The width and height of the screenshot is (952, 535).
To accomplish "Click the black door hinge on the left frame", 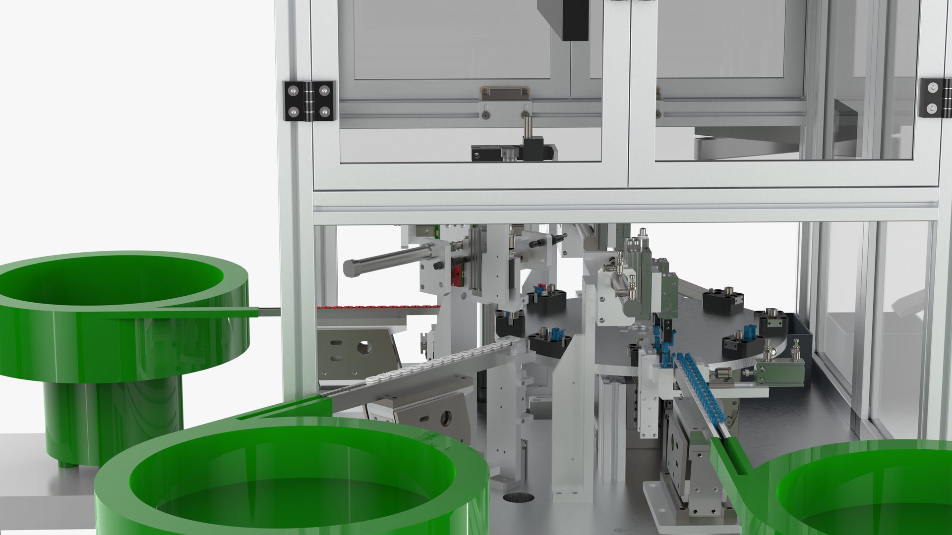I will [x=308, y=101].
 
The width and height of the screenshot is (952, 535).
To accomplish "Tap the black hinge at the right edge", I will [x=935, y=98].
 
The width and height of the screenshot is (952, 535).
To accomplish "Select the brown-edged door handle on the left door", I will [x=504, y=91].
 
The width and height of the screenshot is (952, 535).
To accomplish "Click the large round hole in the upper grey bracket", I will [x=365, y=347].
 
